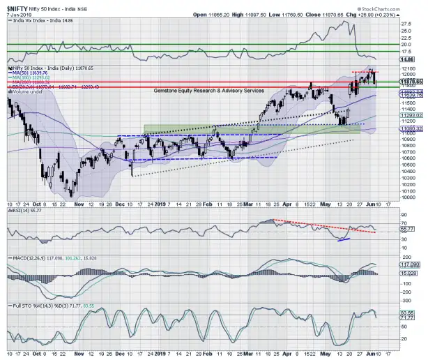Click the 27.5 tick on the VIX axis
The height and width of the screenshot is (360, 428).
(404, 23)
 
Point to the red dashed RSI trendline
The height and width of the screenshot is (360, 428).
(321, 227)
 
